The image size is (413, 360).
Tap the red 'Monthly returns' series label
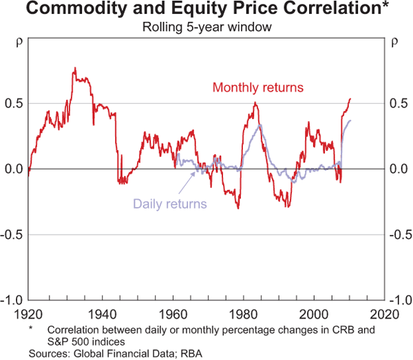pyautogui.click(x=258, y=87)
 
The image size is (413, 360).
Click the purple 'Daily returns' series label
pyautogui.click(x=169, y=203)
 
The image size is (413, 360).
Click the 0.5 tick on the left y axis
pyautogui.click(x=14, y=103)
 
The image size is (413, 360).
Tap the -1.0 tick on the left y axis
pyautogui.click(x=12, y=300)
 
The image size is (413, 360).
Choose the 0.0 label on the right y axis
pyautogui.click(x=399, y=169)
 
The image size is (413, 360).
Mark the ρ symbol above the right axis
pyautogui.click(x=394, y=41)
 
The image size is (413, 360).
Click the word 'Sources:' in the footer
pyautogui.click(x=49, y=353)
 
